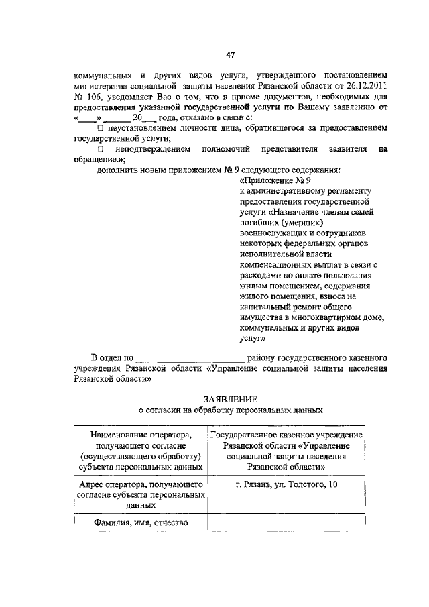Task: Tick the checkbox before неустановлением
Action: [101, 127]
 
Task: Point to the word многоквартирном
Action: [322, 318]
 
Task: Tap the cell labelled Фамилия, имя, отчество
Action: [139, 523]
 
